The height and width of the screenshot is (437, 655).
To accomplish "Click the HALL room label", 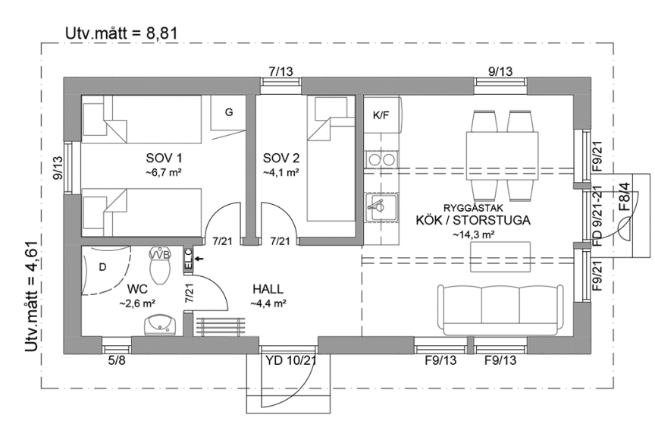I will click(268, 289).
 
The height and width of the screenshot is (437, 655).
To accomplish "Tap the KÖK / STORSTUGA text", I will click(473, 220).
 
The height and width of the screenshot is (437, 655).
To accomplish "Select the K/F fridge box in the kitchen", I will click(381, 116).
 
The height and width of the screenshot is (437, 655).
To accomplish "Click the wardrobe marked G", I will click(227, 112).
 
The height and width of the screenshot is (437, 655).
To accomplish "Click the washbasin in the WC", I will click(160, 324).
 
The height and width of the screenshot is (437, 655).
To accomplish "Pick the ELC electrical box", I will click(188, 259).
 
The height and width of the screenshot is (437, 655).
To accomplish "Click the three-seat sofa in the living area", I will click(500, 307).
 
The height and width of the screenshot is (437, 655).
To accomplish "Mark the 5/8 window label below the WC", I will click(116, 360).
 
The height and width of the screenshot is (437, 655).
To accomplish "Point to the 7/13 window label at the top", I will click(280, 71).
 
